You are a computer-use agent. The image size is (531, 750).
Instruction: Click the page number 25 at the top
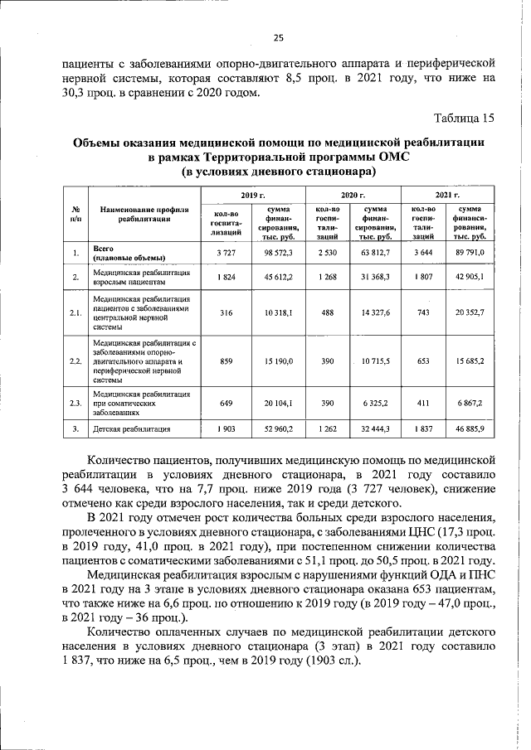click(278, 37)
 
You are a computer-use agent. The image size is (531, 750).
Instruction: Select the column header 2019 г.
click(252, 193)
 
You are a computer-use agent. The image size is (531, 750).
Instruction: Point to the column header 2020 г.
click(353, 193)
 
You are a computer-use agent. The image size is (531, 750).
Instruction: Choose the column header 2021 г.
click(448, 193)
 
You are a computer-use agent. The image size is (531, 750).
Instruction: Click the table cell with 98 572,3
click(278, 252)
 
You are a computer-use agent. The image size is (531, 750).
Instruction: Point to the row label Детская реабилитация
click(133, 429)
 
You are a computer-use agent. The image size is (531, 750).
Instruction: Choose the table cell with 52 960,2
click(278, 429)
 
